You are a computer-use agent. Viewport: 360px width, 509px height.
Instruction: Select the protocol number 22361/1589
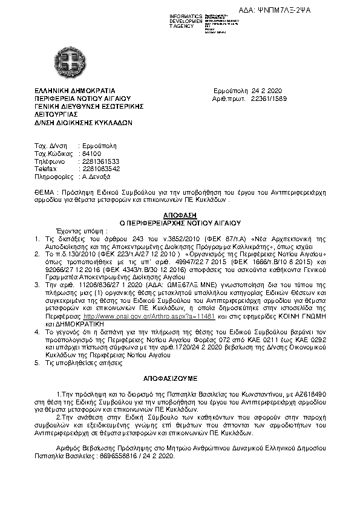pyautogui.click(x=269, y=97)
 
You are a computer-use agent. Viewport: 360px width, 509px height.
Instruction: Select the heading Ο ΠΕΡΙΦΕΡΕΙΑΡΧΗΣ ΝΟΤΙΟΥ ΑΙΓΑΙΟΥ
pyautogui.click(x=180, y=222)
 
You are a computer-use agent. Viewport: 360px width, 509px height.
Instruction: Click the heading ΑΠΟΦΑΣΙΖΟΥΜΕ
pyautogui.click(x=180, y=375)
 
